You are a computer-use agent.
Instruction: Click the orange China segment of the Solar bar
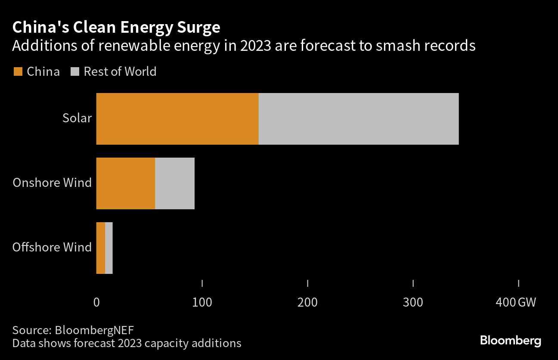pyautogui.click(x=177, y=119)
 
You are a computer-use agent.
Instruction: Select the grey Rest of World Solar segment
pyautogui.click(x=359, y=119)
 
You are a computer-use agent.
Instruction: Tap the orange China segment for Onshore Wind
pyautogui.click(x=125, y=183)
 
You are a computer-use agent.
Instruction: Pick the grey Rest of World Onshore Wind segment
pyautogui.click(x=175, y=183)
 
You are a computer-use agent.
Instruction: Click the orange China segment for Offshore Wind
pyautogui.click(x=100, y=248)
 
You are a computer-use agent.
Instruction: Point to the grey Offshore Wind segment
pyautogui.click(x=109, y=248)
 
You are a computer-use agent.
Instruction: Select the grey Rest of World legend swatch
pyautogui.click(x=74, y=71)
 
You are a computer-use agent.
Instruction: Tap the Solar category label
pyautogui.click(x=77, y=118)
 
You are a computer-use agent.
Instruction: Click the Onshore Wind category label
pyautogui.click(x=52, y=183)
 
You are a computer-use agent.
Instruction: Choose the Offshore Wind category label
pyautogui.click(x=52, y=247)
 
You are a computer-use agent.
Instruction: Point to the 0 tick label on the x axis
pyautogui.click(x=96, y=302)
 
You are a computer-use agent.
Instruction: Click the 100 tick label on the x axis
pyautogui.click(x=202, y=302)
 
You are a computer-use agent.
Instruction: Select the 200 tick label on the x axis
pyautogui.click(x=307, y=302)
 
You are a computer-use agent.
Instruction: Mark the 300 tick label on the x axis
pyautogui.click(x=413, y=302)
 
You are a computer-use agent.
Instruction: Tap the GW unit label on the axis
pyautogui.click(x=527, y=302)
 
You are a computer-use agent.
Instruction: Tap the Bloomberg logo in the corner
pyautogui.click(x=511, y=341)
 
